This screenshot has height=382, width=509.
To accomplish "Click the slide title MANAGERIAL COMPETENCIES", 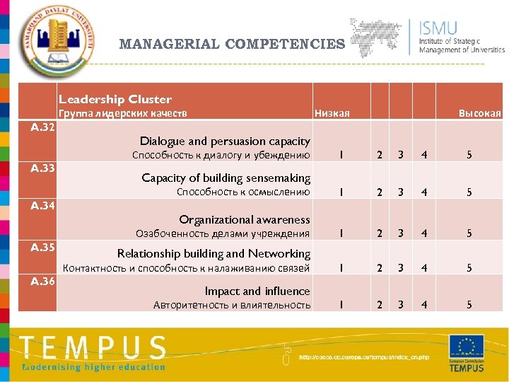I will [232, 44].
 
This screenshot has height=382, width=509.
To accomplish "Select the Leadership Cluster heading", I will [115, 99].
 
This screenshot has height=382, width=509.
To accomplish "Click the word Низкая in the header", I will [332, 114].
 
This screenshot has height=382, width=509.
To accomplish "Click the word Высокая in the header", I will [479, 114].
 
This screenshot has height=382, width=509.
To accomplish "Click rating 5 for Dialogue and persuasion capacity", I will [467, 155].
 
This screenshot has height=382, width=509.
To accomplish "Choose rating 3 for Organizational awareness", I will [400, 233].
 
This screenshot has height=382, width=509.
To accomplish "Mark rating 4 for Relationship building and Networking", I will [424, 268].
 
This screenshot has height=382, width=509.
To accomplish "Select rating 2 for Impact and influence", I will [380, 305].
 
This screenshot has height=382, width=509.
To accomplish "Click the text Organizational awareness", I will [245, 219].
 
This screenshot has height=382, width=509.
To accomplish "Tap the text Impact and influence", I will [257, 291].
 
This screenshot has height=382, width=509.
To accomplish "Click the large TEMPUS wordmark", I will [93, 347].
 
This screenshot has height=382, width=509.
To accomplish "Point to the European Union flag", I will [467, 347].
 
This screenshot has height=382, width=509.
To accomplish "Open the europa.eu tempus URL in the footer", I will [363, 357].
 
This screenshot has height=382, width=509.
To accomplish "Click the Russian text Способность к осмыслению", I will [243, 192].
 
